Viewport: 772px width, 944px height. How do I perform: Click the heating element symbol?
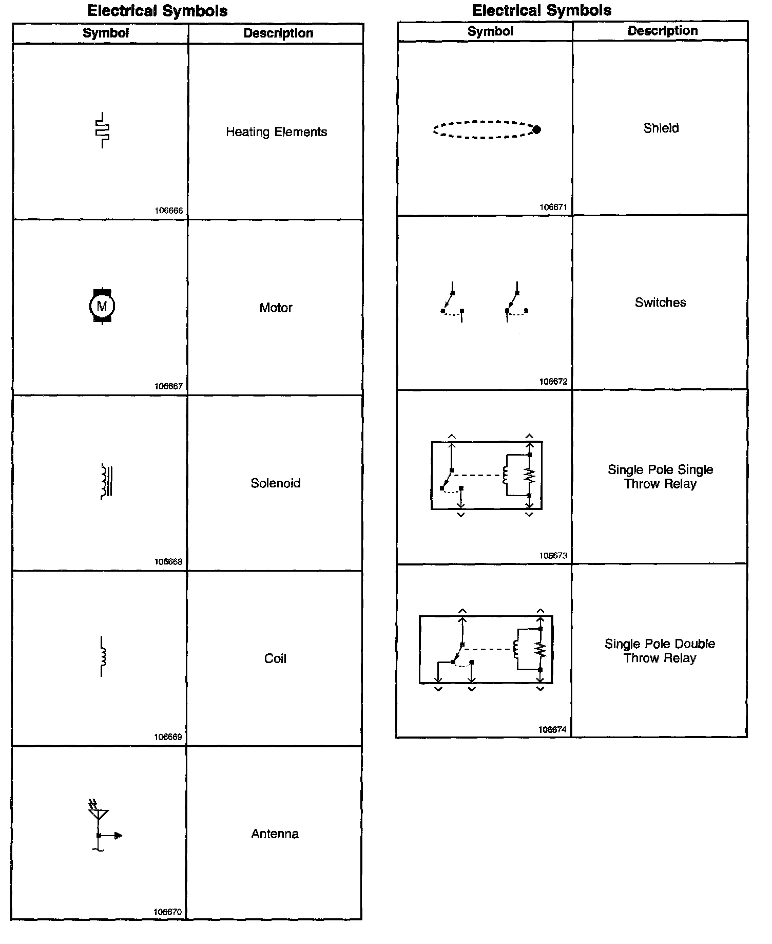103,130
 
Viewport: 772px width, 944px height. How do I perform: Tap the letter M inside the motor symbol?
102,307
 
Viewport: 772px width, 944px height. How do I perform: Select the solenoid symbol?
106,481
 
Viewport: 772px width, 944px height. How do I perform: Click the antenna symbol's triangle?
98,815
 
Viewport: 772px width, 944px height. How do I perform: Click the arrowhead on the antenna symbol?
118,836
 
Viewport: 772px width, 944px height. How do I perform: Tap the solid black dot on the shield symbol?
536,130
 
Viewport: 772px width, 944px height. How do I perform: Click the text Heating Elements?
276,132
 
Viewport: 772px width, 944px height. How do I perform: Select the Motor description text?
276,308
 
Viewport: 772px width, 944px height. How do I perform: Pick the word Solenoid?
276,483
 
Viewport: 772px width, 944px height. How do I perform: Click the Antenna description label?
275,834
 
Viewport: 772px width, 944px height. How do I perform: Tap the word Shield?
661,128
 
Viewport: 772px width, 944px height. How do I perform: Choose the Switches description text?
660,303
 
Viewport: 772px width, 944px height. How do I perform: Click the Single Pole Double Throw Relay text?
660,651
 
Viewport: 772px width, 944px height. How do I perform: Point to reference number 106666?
168,211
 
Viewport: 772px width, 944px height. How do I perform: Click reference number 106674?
552,730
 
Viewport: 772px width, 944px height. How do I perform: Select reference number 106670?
167,912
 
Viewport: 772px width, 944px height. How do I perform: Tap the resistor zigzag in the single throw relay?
530,475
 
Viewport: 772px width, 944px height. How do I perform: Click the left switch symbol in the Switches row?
452,303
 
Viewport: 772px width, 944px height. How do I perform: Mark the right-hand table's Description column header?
662,31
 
